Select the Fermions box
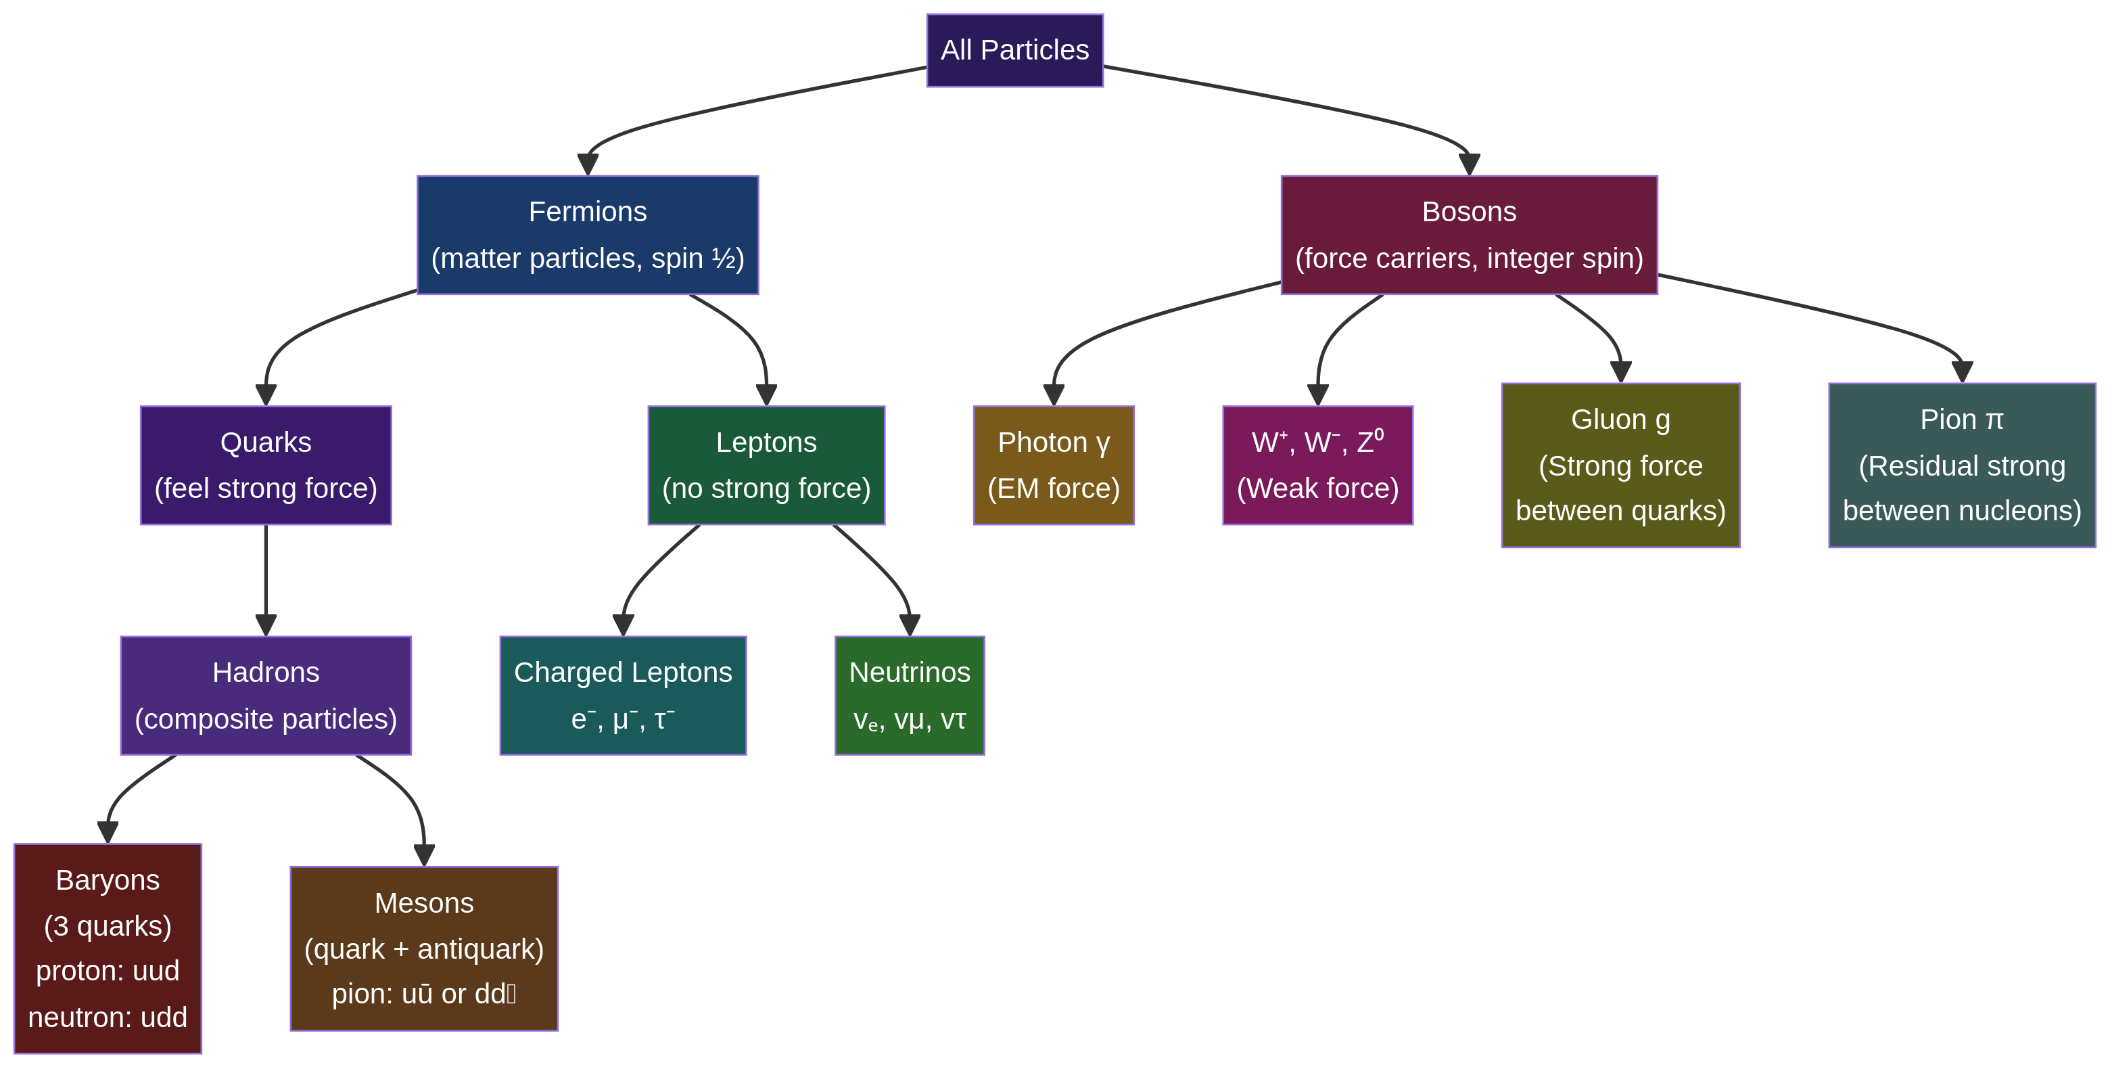[x=587, y=235]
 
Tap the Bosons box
[x=1469, y=235]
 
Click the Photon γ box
[x=1054, y=465]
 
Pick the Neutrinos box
[x=909, y=696]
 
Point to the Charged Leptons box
[x=622, y=696]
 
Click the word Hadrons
[x=265, y=673]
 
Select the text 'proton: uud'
[x=108, y=971]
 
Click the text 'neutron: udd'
[x=108, y=1018]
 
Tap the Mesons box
[x=423, y=949]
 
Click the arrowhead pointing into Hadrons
[x=265, y=626]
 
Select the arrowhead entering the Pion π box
[x=1962, y=373]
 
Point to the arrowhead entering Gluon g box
[x=1620, y=373]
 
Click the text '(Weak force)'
[x=1317, y=489]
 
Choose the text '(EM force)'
[x=1054, y=489]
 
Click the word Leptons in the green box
[x=766, y=442]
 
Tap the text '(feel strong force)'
[x=265, y=489]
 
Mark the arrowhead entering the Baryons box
[x=108, y=833]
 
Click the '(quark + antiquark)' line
[x=423, y=949]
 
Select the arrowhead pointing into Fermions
[x=587, y=164]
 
